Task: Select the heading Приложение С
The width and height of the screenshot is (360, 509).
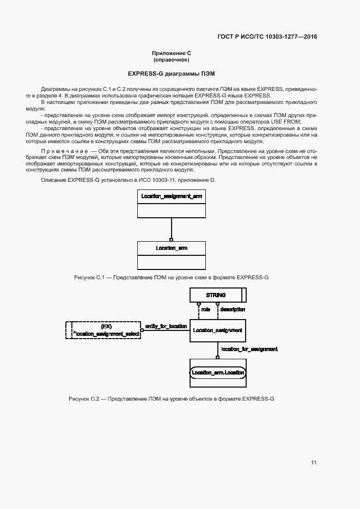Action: [x=171, y=53]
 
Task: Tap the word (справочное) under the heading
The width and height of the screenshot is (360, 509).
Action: [x=171, y=59]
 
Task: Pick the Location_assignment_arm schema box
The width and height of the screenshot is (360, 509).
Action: [x=171, y=195]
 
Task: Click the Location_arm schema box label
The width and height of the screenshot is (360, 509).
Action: [x=171, y=248]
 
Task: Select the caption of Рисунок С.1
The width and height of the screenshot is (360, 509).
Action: [x=171, y=278]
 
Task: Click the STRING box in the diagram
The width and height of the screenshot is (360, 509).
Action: [x=216, y=295]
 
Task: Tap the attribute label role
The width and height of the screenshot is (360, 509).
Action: [x=206, y=309]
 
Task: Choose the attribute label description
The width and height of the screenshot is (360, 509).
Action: [x=232, y=309]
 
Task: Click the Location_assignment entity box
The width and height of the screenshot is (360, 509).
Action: [x=217, y=330]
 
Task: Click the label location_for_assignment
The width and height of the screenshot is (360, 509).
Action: [x=249, y=348]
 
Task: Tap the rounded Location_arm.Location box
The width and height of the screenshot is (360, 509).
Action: [x=217, y=372]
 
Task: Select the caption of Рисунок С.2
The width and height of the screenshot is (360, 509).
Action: [x=171, y=399]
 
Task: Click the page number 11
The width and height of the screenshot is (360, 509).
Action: [x=314, y=463]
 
